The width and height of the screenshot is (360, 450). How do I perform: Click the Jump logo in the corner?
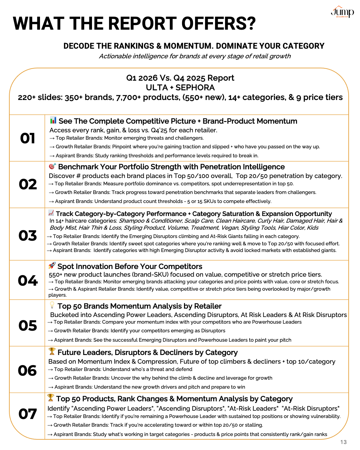click(342, 12)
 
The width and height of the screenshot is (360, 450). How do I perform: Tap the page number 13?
click(343, 442)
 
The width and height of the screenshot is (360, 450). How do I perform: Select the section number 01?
click(28, 138)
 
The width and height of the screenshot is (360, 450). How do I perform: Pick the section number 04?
click(28, 280)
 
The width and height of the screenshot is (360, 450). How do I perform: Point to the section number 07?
click(28, 414)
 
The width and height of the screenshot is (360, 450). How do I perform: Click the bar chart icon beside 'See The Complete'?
click(53, 120)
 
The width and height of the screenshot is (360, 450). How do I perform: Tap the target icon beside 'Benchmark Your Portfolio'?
click(52, 166)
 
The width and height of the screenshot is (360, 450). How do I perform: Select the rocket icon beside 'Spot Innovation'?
click(52, 265)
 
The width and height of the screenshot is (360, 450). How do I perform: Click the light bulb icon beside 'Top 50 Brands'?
click(52, 305)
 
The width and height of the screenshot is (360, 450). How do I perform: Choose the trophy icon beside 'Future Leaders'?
click(52, 351)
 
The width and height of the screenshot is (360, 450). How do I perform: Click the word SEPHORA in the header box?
click(195, 88)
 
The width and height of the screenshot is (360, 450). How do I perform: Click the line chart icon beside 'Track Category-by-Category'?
click(51, 213)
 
